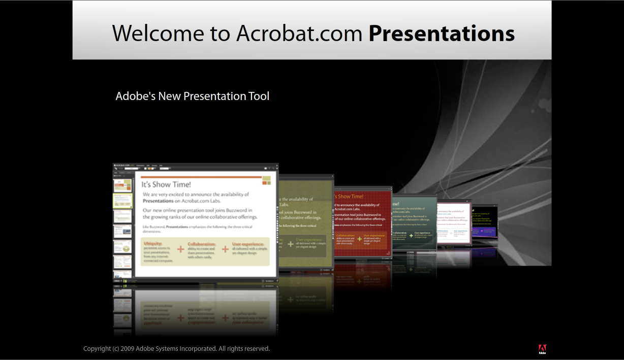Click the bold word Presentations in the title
pyautogui.click(x=442, y=34)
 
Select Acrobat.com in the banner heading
pyautogui.click(x=299, y=34)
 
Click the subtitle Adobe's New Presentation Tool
pyautogui.click(x=192, y=96)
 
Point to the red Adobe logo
pyautogui.click(x=542, y=348)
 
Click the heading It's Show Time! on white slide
pyautogui.click(x=166, y=184)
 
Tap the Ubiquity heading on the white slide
pyautogui.click(x=154, y=244)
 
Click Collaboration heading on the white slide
pyautogui.click(x=201, y=244)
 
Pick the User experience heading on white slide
pyautogui.click(x=248, y=244)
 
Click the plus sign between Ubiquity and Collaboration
pyautogui.click(x=180, y=249)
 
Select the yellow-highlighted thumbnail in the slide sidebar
pyautogui.click(x=122, y=201)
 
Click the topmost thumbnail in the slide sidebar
pyautogui.click(x=122, y=184)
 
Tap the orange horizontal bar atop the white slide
pyautogui.click(x=201, y=177)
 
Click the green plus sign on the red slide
pyautogui.click(x=359, y=239)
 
